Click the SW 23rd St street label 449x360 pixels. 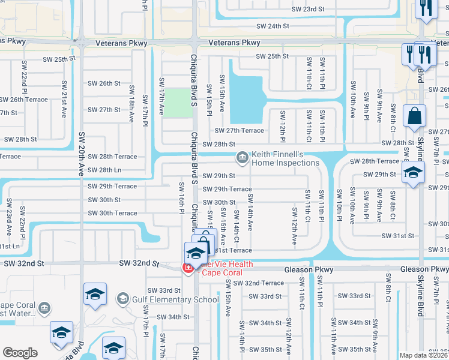(307, 10)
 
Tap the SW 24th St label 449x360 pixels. (273, 26)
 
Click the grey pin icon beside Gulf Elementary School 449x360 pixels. (123, 299)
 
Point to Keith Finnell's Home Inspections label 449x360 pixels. (285, 158)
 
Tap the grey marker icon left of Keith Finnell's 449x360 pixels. (242, 158)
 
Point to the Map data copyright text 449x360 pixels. (424, 355)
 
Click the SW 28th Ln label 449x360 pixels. (104, 170)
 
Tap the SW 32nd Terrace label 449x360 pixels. (259, 283)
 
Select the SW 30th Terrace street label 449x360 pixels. (112, 213)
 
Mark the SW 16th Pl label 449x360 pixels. (181, 197)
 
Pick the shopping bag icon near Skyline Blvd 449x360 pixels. (415, 116)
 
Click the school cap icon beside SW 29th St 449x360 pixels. (412, 174)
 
